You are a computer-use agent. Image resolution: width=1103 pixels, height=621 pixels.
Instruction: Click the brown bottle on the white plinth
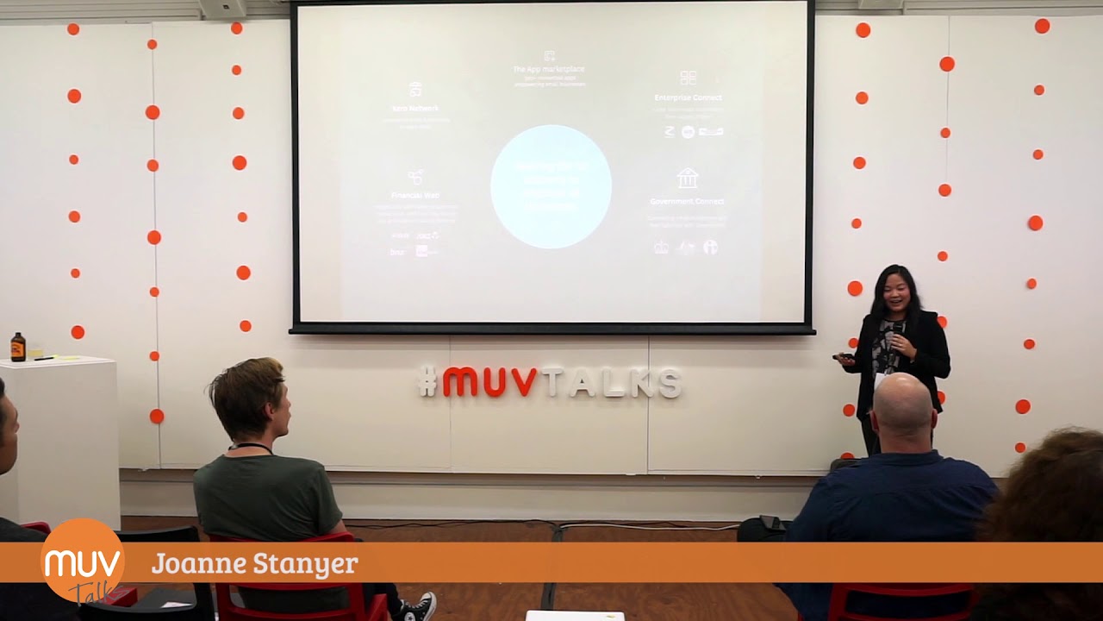point(17,347)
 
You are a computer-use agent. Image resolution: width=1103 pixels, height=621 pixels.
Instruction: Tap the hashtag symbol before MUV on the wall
point(427,381)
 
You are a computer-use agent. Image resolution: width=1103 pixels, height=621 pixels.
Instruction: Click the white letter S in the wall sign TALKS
point(669,383)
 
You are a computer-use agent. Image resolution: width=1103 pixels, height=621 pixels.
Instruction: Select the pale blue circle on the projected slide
point(551,186)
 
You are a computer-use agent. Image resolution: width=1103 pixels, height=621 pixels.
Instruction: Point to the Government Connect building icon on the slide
point(687,179)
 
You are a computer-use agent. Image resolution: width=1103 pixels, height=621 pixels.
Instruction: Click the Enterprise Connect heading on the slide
point(688,97)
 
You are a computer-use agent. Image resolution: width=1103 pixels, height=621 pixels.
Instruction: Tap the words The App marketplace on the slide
point(549,69)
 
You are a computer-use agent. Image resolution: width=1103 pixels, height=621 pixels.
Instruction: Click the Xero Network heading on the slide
point(415,109)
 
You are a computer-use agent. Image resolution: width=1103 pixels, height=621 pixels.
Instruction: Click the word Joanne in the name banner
point(198,564)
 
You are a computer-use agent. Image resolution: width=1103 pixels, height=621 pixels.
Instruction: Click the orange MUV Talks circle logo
point(83,561)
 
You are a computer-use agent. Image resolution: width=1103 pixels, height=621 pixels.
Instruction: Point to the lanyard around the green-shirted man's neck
point(251,447)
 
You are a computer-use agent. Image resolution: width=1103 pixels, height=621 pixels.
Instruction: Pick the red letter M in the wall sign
point(460,381)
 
